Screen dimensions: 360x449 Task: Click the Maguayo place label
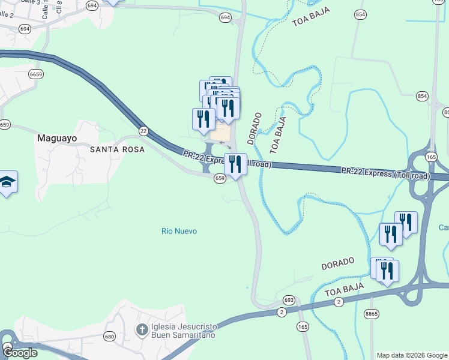(57, 137)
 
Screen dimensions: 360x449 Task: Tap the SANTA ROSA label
(117, 149)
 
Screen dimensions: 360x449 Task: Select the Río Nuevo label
(179, 231)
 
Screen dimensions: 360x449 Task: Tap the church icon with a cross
(141, 329)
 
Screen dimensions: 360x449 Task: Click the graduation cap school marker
(7, 182)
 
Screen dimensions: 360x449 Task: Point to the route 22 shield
(143, 130)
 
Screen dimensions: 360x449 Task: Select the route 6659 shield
(36, 74)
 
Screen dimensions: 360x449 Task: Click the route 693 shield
(289, 300)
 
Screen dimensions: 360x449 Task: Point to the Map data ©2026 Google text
(411, 355)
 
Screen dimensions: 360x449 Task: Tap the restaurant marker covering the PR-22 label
(235, 164)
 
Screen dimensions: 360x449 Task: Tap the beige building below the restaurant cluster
(221, 131)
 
